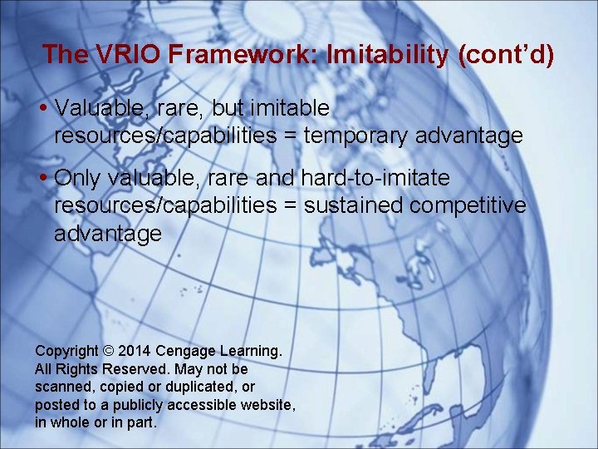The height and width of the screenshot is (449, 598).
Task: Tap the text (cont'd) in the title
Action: [x=504, y=55]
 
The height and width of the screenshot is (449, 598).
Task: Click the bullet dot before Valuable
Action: [x=42, y=109]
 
